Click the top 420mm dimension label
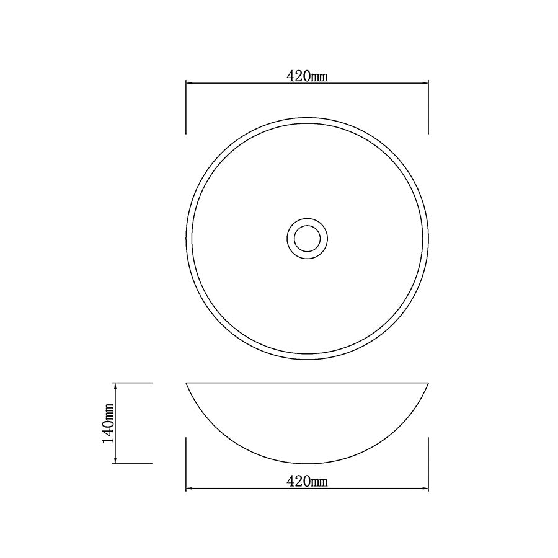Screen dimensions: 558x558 (x=307, y=76)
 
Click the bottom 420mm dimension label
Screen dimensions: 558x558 (x=307, y=482)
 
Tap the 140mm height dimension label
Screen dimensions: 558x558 (x=108, y=423)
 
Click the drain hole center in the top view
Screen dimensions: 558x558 (x=307, y=237)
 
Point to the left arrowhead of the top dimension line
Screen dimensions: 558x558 (x=190, y=83)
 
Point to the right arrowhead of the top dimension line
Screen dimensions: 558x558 (x=425, y=83)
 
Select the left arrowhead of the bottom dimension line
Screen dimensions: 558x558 (x=190, y=489)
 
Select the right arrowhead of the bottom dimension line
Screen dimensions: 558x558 (x=425, y=489)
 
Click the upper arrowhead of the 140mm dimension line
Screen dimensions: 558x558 (x=115, y=387)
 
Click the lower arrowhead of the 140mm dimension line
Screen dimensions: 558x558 (x=115, y=459)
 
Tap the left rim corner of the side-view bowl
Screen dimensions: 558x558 (x=187, y=383)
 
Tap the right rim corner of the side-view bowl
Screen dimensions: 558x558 (x=428, y=383)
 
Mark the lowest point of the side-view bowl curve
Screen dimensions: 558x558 (x=307, y=463)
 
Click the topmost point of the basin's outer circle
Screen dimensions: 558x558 (x=307, y=117)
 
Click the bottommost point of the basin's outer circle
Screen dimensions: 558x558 (x=307, y=359)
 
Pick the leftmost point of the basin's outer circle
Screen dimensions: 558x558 (x=186, y=237)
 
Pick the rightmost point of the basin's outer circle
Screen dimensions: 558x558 (x=428, y=237)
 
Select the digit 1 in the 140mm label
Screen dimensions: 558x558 (x=108, y=439)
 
